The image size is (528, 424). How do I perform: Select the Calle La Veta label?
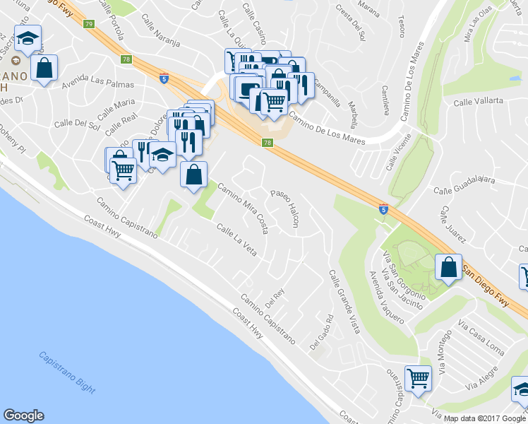coord(236,240)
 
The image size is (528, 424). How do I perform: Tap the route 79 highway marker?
coord(88,24)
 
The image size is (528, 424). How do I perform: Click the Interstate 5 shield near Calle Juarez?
coord(383,209)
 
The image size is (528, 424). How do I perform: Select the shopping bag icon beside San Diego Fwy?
coord(448,267)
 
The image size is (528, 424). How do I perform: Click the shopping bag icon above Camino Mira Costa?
coord(193,174)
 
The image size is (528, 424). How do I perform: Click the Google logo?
coord(23,416)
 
